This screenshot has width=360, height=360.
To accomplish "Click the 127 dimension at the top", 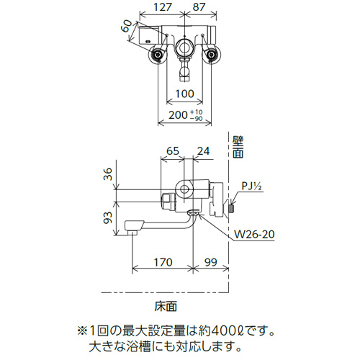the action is click(x=163, y=7).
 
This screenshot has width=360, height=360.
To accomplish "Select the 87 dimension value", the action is click(x=199, y=7).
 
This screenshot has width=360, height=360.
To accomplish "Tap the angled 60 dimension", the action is click(x=127, y=26).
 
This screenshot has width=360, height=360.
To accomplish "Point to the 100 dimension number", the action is click(x=184, y=94).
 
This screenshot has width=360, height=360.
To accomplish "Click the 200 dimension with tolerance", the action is click(x=186, y=115).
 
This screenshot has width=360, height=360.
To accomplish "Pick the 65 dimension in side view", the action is click(x=173, y=151).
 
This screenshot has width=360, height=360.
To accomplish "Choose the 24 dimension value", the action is click(x=203, y=151).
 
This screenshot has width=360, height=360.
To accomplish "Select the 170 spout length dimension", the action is click(x=163, y=262).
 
